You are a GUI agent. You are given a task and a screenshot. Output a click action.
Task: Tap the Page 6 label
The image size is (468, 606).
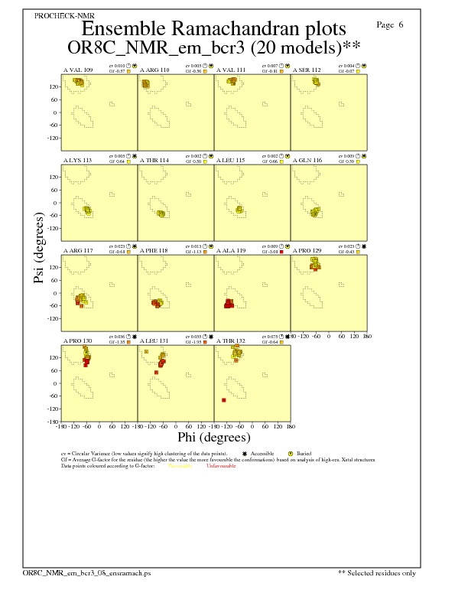pyautogui.click(x=390, y=25)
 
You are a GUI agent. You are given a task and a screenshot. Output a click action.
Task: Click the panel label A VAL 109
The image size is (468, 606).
pyautogui.click(x=78, y=70)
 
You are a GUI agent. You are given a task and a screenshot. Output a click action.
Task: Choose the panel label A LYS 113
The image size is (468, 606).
pyautogui.click(x=77, y=160)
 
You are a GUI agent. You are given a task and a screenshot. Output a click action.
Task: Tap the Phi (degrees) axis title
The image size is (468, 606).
pyautogui.click(x=213, y=438)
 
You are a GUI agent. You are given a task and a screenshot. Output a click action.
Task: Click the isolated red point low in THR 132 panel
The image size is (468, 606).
pyautogui.click(x=223, y=400)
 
